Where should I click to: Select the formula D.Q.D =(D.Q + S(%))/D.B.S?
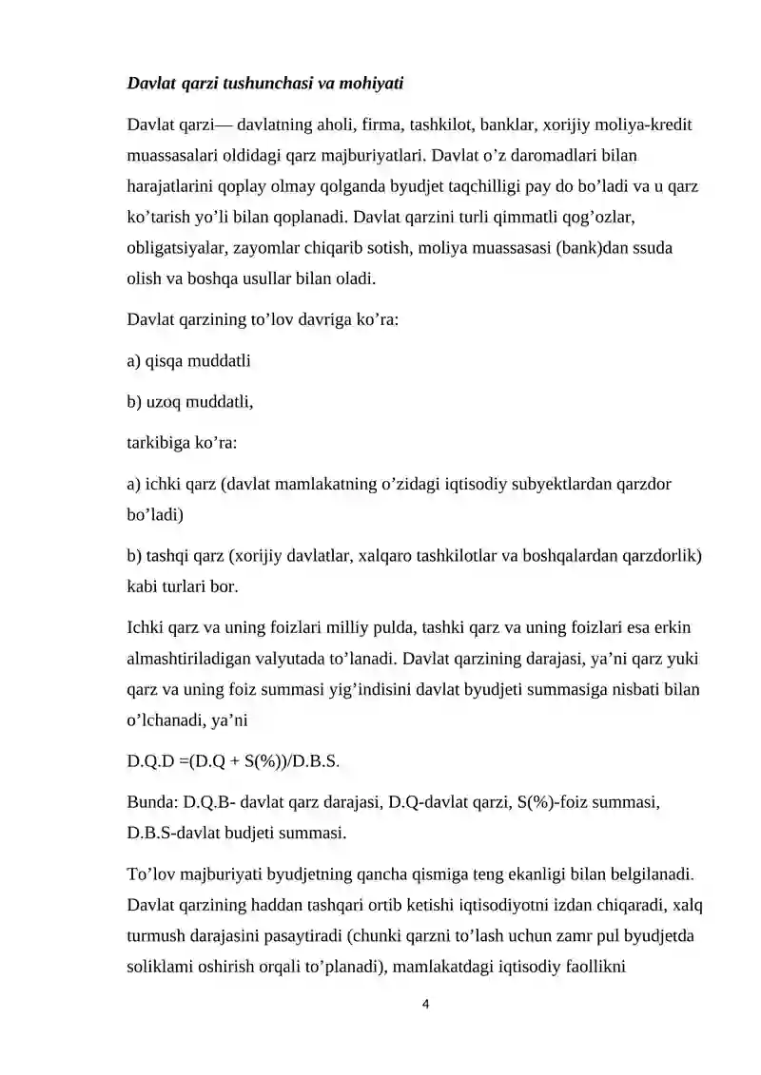pyautogui.click(x=233, y=763)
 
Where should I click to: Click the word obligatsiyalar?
pyautogui.click(x=174, y=247)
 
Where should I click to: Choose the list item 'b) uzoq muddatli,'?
pyautogui.click(x=190, y=401)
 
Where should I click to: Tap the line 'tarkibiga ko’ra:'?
pyautogui.click(x=184, y=442)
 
